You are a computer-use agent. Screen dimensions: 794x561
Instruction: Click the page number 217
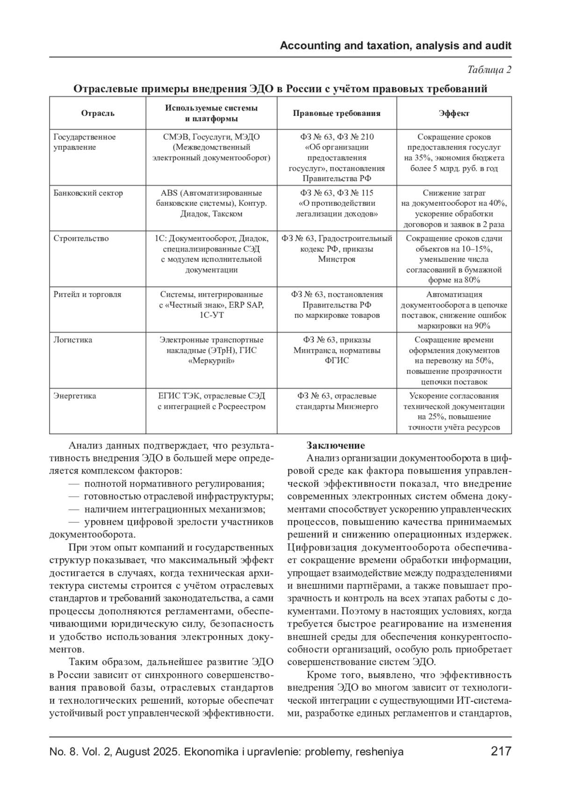click(x=501, y=751)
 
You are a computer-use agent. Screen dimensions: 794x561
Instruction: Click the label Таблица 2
click(x=489, y=70)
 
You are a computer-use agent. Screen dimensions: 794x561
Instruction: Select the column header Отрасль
click(x=98, y=113)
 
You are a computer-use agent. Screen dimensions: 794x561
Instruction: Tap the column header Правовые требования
click(x=337, y=113)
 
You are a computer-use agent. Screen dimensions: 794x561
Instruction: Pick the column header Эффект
click(x=454, y=113)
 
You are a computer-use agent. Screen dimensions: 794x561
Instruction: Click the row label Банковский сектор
click(x=88, y=193)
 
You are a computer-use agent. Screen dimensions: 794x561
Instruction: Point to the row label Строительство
click(x=81, y=238)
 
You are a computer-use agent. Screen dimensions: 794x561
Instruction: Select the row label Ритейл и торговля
click(x=87, y=295)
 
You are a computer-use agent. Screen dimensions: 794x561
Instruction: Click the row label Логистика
click(x=73, y=340)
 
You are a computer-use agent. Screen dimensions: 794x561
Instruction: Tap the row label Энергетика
click(x=75, y=396)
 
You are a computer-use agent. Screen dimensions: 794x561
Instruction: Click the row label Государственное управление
click(x=85, y=142)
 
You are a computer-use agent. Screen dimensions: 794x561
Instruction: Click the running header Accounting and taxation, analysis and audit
click(x=396, y=46)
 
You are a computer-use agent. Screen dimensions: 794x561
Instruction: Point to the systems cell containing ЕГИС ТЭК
click(x=211, y=401)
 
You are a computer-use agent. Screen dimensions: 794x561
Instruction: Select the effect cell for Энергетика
click(x=454, y=411)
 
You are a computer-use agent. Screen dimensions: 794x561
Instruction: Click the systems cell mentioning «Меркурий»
click(x=211, y=350)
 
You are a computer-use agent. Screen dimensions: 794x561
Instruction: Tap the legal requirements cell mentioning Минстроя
click(x=337, y=249)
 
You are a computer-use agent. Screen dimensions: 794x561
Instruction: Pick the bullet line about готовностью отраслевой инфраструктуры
click(x=171, y=496)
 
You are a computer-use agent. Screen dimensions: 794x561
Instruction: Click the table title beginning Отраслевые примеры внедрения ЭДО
click(x=280, y=89)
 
